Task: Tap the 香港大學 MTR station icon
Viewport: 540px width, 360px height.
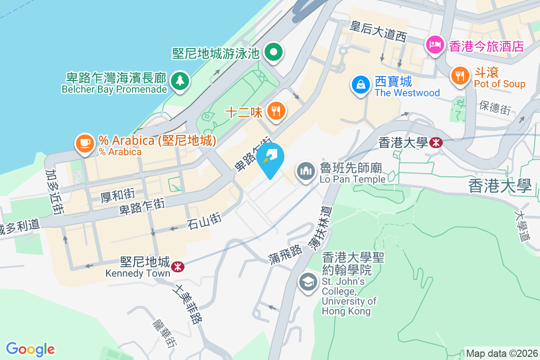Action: [x=436, y=143]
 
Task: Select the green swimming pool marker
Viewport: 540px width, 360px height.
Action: [x=273, y=53]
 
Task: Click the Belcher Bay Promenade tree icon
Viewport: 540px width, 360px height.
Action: [x=180, y=81]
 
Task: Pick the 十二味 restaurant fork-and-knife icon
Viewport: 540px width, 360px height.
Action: [x=276, y=111]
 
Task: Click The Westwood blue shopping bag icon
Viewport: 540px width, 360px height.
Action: [x=361, y=84]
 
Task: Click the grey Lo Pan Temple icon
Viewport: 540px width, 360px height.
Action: [x=306, y=171]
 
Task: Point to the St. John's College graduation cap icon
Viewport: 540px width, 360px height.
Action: [x=308, y=282]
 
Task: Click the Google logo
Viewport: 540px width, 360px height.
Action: [x=30, y=349]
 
